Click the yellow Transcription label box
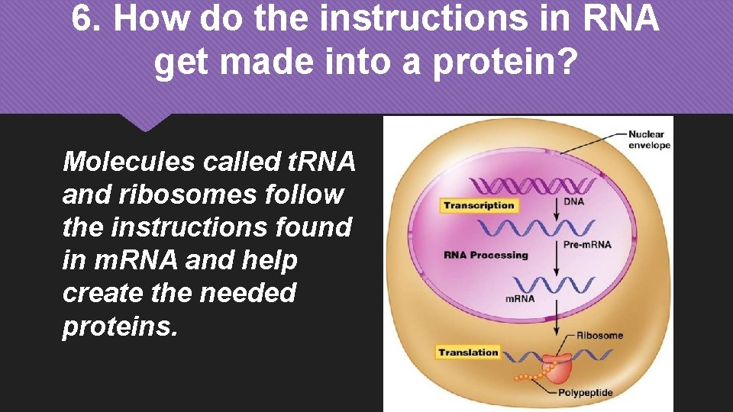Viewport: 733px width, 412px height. (479, 205)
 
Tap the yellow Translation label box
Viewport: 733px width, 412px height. (468, 352)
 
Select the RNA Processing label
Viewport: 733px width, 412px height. (486, 255)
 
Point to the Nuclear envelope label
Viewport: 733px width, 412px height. (648, 140)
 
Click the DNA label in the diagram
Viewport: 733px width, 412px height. (573, 202)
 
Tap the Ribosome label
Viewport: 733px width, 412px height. (599, 336)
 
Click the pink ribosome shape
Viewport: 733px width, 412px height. (560, 368)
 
